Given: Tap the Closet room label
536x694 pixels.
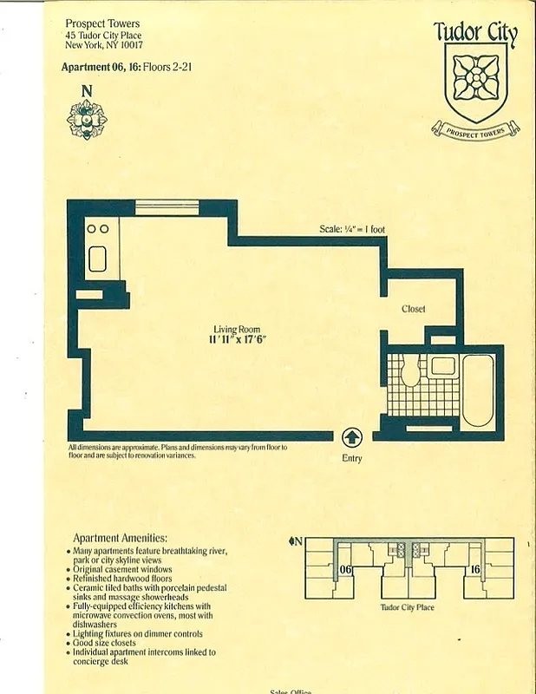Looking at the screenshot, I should [x=413, y=310].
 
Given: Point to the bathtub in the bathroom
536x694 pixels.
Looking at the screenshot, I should [x=477, y=390].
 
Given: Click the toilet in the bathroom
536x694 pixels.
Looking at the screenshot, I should [x=410, y=370].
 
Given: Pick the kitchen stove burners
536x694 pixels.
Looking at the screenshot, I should [x=96, y=229].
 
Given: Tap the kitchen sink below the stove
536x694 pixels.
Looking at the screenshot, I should [x=96, y=259].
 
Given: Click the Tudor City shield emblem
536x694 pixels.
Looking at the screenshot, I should [x=474, y=79].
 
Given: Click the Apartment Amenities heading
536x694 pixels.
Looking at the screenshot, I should [x=120, y=538].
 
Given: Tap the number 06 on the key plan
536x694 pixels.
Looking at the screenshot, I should [x=345, y=569].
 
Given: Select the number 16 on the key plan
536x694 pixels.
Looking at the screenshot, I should [x=474, y=569].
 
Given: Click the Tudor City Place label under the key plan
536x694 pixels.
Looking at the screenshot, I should [x=408, y=607].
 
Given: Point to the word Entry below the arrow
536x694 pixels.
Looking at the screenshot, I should [x=352, y=458].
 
